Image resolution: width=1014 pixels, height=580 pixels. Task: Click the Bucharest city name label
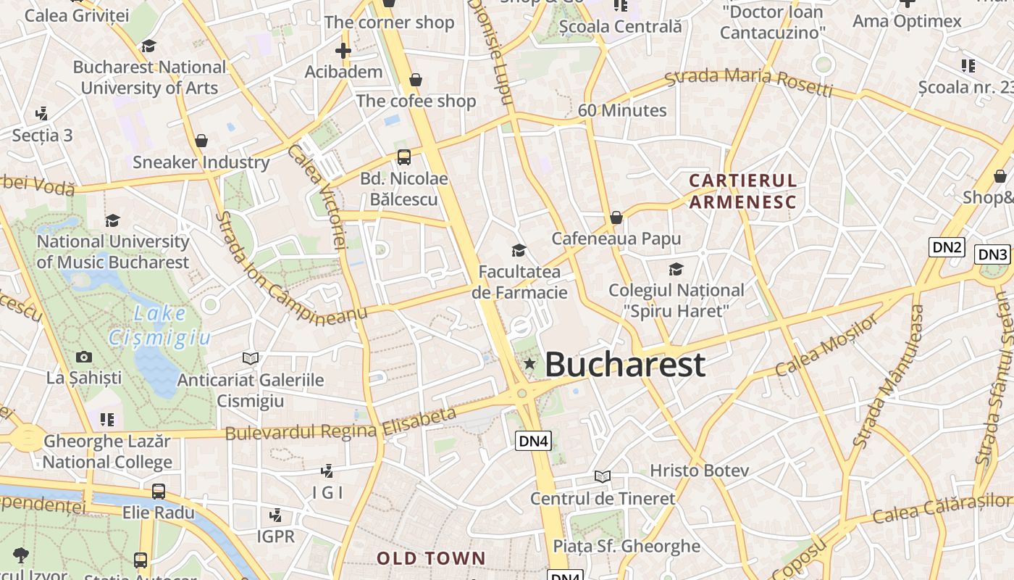coord(624,364)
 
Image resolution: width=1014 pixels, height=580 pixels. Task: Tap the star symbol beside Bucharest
coord(529,363)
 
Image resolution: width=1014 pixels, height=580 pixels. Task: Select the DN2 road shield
coord(947,247)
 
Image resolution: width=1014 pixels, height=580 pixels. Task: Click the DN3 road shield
coord(992,254)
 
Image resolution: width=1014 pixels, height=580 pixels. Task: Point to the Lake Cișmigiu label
coord(160,326)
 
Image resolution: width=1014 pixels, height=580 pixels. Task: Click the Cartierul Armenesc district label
coord(742,191)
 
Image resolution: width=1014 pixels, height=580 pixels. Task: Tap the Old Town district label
coord(431,558)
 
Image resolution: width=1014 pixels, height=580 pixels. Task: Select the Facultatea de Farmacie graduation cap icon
coord(519,251)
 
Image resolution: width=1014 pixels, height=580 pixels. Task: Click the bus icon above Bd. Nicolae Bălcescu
coord(404,157)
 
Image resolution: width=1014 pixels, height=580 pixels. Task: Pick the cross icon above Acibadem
coord(343,51)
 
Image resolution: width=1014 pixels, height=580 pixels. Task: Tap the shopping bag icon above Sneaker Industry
coord(201,141)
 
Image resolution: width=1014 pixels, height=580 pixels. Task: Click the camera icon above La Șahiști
coord(84,357)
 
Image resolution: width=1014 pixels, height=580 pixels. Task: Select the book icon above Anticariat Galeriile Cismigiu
coord(251,358)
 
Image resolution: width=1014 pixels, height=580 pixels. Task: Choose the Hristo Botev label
coord(699,471)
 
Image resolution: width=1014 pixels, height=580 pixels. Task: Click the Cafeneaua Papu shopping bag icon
coord(616,217)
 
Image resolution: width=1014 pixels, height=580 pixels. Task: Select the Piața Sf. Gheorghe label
coord(627,546)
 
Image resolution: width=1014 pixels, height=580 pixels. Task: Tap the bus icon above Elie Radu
coord(159,492)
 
